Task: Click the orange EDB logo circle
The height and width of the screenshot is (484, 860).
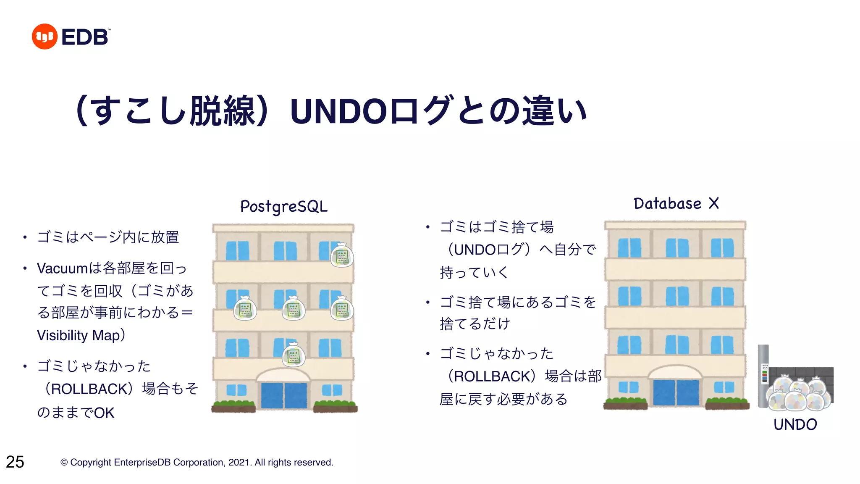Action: pos(45,37)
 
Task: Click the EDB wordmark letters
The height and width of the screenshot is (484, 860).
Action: pos(85,37)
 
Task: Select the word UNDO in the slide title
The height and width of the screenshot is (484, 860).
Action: pos(338,112)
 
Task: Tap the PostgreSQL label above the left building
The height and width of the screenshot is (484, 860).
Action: pos(284,207)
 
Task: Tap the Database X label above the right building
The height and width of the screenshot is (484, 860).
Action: pos(676,204)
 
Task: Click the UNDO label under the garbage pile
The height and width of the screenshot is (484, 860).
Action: pos(795,425)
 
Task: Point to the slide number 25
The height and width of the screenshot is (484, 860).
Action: pos(15,462)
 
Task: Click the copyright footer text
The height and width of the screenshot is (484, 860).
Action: pos(197,462)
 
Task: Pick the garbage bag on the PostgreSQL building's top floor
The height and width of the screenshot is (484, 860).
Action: pos(342,255)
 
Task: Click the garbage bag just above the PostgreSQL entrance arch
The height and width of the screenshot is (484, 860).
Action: pos(294,355)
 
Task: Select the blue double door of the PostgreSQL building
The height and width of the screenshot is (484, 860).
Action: pos(284,395)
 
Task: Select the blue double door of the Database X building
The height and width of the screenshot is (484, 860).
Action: pos(676,392)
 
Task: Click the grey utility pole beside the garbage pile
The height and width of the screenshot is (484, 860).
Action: pos(763,376)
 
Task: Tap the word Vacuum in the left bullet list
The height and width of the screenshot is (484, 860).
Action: pos(63,268)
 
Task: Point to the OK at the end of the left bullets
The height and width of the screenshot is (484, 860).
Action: pos(104,413)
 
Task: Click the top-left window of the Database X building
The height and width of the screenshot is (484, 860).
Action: pos(629,248)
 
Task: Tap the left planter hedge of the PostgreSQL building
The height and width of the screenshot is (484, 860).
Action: pos(233,406)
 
